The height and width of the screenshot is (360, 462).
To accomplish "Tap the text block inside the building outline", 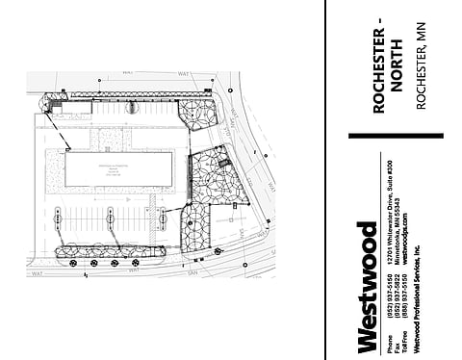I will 120,168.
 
